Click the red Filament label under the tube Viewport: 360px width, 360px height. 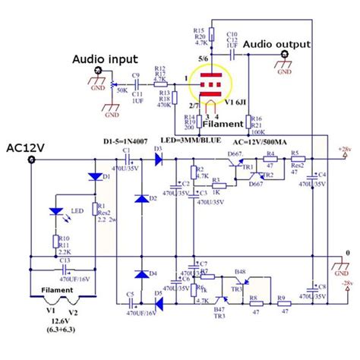[222, 122]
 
